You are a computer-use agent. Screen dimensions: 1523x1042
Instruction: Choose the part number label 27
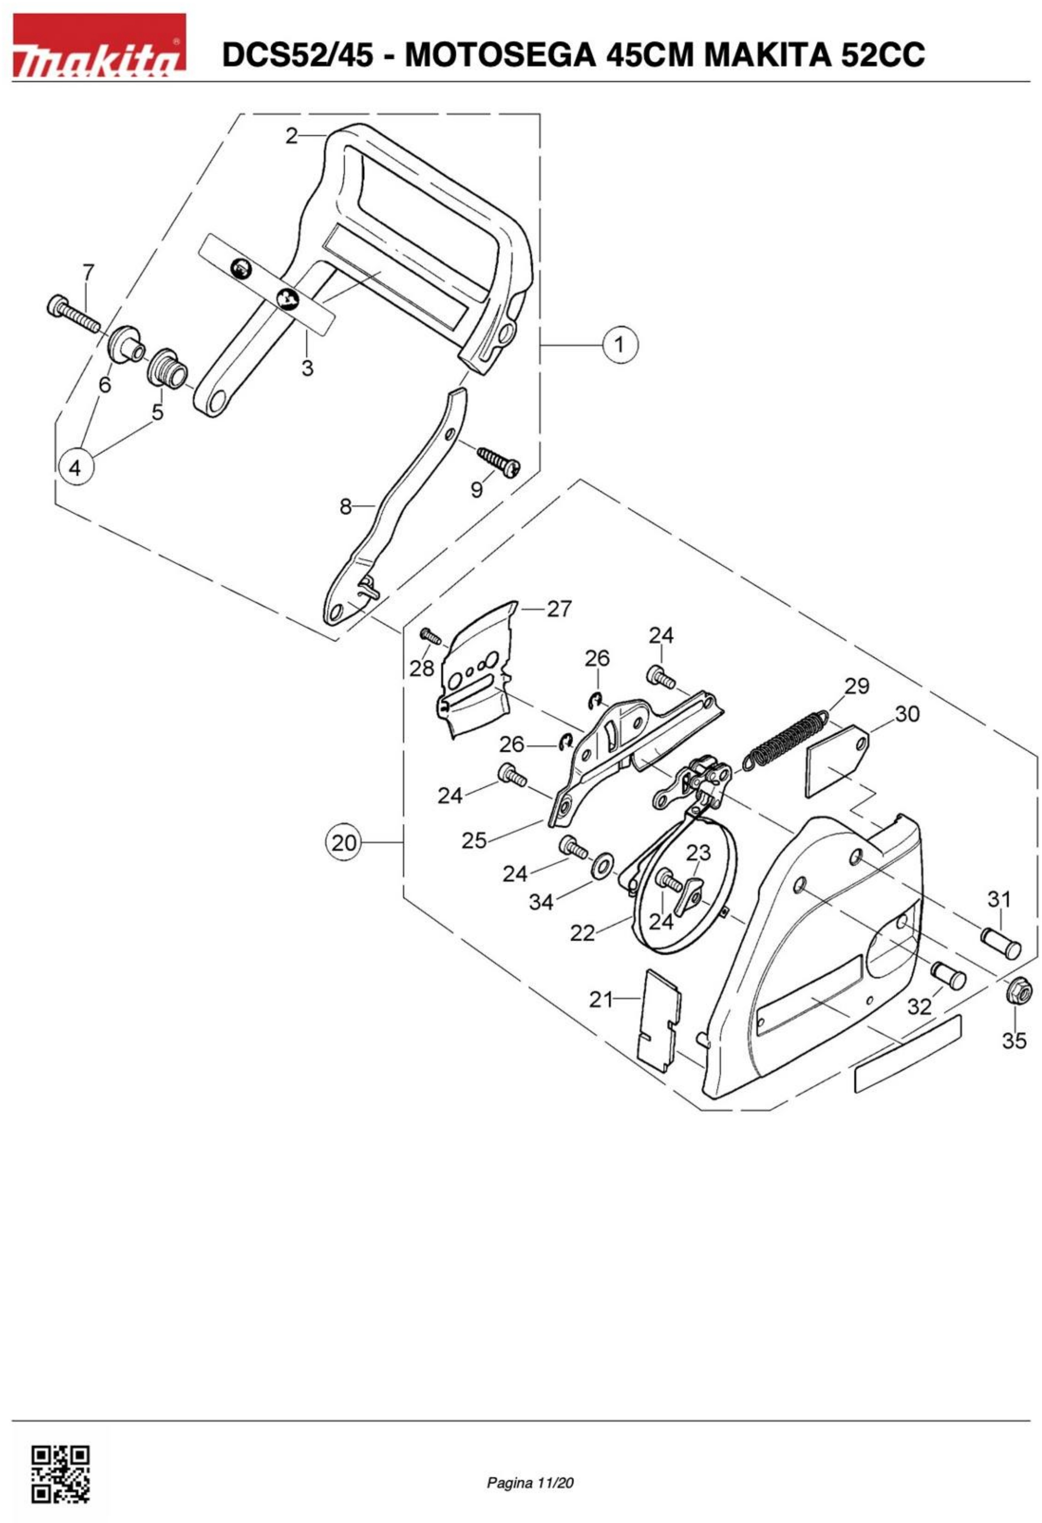point(559,609)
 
